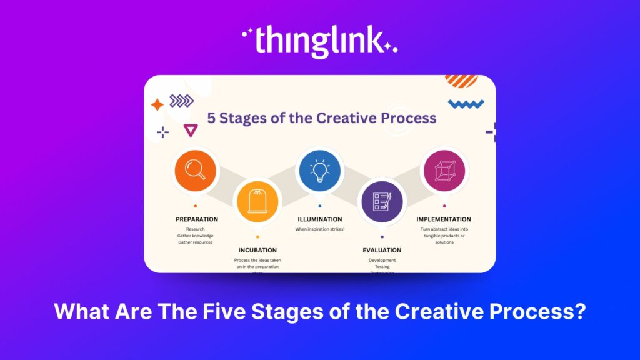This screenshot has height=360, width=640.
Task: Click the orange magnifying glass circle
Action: [195, 169]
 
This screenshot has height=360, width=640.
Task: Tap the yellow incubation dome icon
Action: [257, 201]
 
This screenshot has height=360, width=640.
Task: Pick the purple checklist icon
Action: [382, 201]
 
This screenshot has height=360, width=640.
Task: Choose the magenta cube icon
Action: [444, 170]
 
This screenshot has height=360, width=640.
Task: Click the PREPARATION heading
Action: [197, 219]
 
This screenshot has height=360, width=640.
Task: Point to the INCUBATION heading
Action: [257, 250]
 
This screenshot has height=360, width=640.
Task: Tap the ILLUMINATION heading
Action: [319, 219]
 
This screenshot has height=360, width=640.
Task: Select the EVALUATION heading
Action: [382, 250]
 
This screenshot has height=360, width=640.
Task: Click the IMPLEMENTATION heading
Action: [444, 219]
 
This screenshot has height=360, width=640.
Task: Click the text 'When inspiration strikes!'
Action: [320, 229]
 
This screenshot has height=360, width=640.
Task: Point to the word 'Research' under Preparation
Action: [195, 229]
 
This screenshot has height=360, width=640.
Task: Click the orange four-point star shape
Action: [157, 105]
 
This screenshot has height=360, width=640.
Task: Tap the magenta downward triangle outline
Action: [191, 130]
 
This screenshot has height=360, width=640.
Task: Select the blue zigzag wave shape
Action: [466, 104]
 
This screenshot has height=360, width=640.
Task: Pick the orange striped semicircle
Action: [461, 81]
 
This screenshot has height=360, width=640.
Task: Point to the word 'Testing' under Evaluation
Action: [382, 267]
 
